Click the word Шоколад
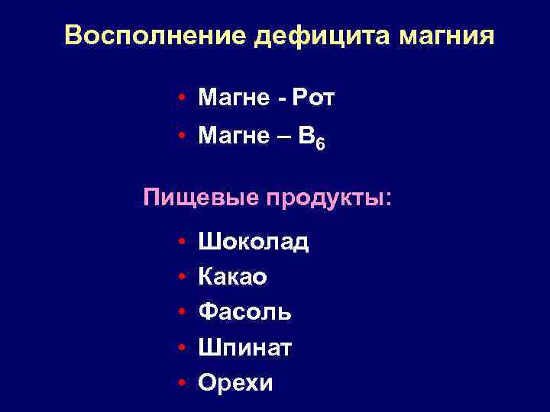tap(253, 243)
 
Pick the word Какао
tap(232, 278)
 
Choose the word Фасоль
tap(244, 312)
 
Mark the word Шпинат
tap(244, 348)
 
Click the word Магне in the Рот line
tap(229, 98)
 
